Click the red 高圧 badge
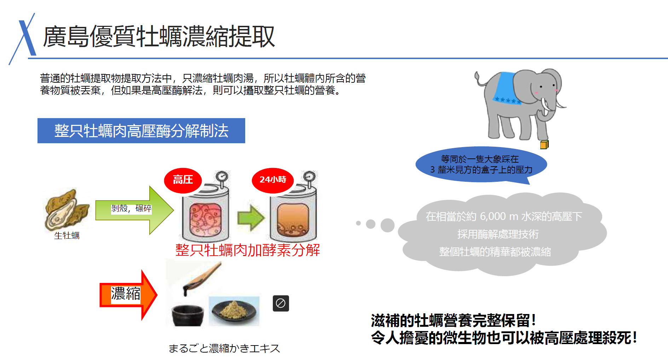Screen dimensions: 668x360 (x=183, y=180)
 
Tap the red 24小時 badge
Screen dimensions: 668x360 (x=272, y=180)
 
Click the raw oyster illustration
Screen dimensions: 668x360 (x=65, y=210)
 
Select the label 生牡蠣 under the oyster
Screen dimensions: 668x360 (x=67, y=236)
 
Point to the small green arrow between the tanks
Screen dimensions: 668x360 (x=250, y=218)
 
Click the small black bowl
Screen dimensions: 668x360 (x=188, y=314)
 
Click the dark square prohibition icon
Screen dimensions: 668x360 (x=281, y=303)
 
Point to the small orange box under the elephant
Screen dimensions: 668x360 (x=544, y=145)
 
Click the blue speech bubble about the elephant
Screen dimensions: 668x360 (x=481, y=165)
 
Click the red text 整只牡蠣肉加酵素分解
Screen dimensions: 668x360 (x=247, y=250)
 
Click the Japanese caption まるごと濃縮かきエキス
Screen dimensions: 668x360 (x=224, y=349)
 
